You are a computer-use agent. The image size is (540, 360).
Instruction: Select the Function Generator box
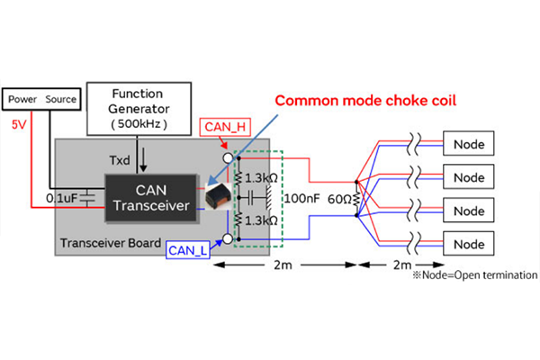coord(136,106)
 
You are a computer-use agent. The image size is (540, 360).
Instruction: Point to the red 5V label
coord(19,125)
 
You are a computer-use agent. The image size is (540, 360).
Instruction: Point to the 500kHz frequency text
coord(136,123)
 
